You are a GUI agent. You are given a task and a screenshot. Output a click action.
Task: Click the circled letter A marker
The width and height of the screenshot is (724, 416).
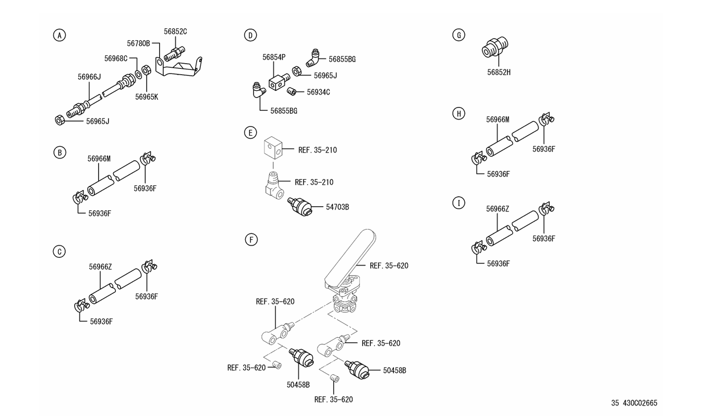click(x=60, y=35)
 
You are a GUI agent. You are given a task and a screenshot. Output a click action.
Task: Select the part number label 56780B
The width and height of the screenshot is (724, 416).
click(x=138, y=43)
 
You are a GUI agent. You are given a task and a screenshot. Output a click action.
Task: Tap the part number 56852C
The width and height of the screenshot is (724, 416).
click(x=175, y=31)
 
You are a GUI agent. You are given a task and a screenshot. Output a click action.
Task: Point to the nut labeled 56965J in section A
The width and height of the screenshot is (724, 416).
click(x=59, y=120)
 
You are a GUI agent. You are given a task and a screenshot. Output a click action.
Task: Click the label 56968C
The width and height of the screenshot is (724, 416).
click(x=116, y=58)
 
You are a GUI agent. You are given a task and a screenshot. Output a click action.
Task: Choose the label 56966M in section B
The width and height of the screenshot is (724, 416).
click(x=99, y=159)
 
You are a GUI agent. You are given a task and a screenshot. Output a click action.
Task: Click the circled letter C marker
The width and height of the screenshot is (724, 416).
click(x=59, y=252)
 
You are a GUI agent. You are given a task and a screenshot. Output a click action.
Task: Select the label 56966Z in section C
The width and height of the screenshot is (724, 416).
click(x=100, y=267)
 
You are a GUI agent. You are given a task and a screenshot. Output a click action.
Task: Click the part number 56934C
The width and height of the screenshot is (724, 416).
click(x=318, y=92)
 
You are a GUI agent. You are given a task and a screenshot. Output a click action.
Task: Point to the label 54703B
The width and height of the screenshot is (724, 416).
click(x=337, y=207)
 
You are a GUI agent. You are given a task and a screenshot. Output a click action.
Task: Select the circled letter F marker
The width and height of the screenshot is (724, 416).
click(x=251, y=240)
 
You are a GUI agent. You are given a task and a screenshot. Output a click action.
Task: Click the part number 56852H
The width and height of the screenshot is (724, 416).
click(x=499, y=73)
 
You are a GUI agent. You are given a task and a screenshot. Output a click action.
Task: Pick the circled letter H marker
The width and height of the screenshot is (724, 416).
click(x=458, y=113)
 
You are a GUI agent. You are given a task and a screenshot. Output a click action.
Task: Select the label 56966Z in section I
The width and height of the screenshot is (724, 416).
click(x=498, y=209)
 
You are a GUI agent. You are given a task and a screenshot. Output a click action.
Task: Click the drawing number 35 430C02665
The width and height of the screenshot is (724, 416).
click(x=634, y=403)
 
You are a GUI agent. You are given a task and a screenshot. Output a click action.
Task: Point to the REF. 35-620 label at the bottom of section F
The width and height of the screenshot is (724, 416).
click(x=333, y=399)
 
